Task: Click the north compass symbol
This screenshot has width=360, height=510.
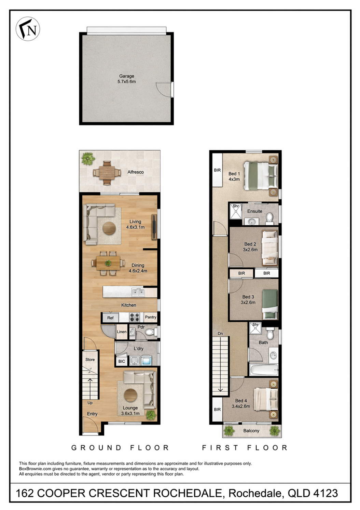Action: (x=28, y=29)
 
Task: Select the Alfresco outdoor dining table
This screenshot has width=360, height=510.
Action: (x=107, y=173)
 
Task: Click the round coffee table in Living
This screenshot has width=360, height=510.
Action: (x=109, y=228)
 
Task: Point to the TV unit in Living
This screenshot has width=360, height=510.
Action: (x=154, y=227)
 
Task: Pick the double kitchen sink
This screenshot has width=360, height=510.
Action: (x=138, y=292)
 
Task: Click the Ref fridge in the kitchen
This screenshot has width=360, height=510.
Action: (x=110, y=318)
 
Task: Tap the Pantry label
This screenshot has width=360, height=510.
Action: (x=151, y=317)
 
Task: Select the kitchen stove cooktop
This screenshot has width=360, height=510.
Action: (x=134, y=318)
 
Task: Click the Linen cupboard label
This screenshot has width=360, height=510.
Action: (x=122, y=332)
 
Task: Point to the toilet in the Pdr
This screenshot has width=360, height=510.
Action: (x=151, y=332)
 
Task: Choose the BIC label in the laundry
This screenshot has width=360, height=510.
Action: (x=122, y=361)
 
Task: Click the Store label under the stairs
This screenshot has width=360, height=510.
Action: (x=90, y=360)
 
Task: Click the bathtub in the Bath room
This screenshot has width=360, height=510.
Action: (x=264, y=370)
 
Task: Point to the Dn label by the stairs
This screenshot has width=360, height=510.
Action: (x=220, y=334)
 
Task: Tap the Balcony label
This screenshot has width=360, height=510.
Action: (x=251, y=431)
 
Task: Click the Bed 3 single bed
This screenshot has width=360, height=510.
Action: (x=270, y=305)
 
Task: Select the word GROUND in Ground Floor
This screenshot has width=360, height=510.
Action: (x=96, y=448)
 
